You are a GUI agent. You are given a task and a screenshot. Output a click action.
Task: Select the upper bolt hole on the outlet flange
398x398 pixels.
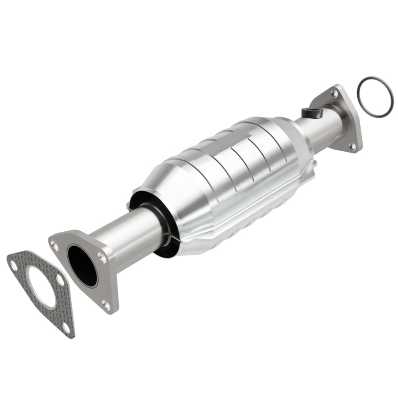[x=335, y=94]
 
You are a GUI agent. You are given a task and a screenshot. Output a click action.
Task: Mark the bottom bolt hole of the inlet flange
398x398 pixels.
[x=106, y=305]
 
